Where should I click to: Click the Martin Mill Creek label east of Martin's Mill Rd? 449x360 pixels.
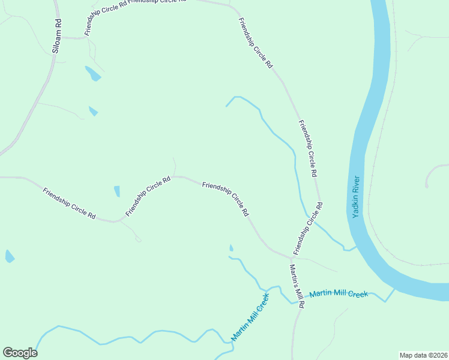tap(338, 294)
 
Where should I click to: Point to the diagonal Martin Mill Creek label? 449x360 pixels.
tap(249, 317)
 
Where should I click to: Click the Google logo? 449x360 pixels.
tap(20, 353)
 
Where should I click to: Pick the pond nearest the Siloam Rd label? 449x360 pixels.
tap(93, 74)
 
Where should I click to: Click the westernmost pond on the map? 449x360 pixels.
tap(10, 257)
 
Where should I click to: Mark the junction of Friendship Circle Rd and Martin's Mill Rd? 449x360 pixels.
tap(292, 256)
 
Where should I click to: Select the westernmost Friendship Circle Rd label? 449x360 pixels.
tap(69, 203)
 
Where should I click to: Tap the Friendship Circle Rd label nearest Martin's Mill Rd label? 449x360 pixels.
tap(308, 227)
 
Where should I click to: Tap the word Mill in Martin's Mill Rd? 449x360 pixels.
tap(298, 291)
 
